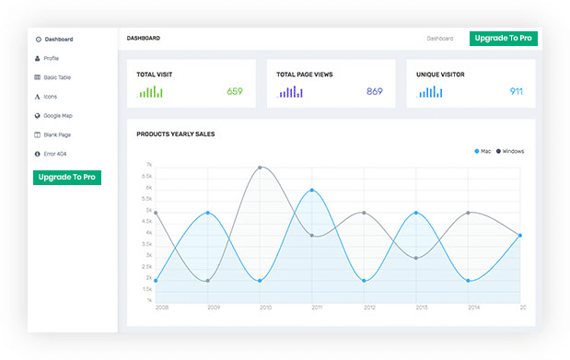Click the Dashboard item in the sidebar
[57, 40]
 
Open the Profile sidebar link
[52, 58]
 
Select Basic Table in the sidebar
[56, 77]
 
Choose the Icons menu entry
[51, 96]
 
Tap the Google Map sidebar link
[57, 115]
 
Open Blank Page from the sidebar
[56, 134]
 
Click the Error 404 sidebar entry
[54, 153]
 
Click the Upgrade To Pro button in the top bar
[503, 39]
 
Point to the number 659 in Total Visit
[234, 91]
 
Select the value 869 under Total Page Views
[374, 91]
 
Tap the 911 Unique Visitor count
[516, 91]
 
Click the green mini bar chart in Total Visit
[151, 92]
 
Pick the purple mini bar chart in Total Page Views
[290, 92]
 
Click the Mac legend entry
[483, 151]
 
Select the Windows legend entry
[509, 151]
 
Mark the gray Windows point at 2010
[261, 168]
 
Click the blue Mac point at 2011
[313, 191]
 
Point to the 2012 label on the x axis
[368, 308]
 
